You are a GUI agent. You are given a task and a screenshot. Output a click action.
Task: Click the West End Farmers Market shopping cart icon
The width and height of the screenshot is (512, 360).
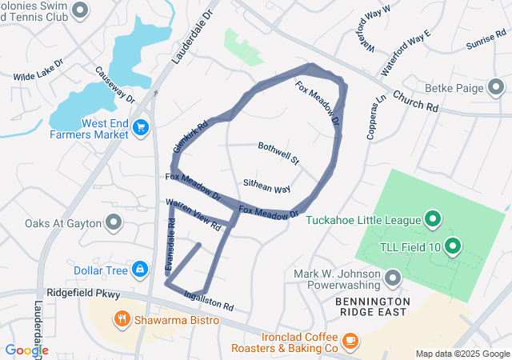point(142,126)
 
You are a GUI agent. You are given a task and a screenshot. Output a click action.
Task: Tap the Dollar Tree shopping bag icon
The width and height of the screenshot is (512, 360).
point(140,270)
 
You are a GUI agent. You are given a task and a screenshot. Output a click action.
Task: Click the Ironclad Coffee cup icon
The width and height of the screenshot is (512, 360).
point(350,341)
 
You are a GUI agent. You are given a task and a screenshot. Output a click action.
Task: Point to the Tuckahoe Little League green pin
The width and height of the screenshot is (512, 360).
point(433,218)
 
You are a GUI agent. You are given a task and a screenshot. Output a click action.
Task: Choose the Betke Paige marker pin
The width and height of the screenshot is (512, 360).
point(496,86)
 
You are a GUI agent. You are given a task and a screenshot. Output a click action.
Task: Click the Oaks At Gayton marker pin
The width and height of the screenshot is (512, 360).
point(114,222)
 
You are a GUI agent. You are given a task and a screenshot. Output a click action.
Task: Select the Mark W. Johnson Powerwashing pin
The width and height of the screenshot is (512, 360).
point(392,278)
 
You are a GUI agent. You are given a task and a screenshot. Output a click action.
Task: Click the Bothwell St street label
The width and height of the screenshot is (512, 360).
point(278,153)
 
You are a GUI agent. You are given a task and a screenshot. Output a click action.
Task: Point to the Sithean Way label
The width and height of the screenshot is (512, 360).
point(266,186)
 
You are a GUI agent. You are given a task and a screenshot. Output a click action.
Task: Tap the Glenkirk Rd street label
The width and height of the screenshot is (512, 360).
point(190,137)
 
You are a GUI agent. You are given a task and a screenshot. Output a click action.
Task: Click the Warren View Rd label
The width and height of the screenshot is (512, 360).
point(193,216)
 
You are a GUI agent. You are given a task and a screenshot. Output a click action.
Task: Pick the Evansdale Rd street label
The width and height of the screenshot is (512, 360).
point(170,245)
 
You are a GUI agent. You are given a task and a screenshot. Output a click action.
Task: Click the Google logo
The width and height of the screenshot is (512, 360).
point(26,350)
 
